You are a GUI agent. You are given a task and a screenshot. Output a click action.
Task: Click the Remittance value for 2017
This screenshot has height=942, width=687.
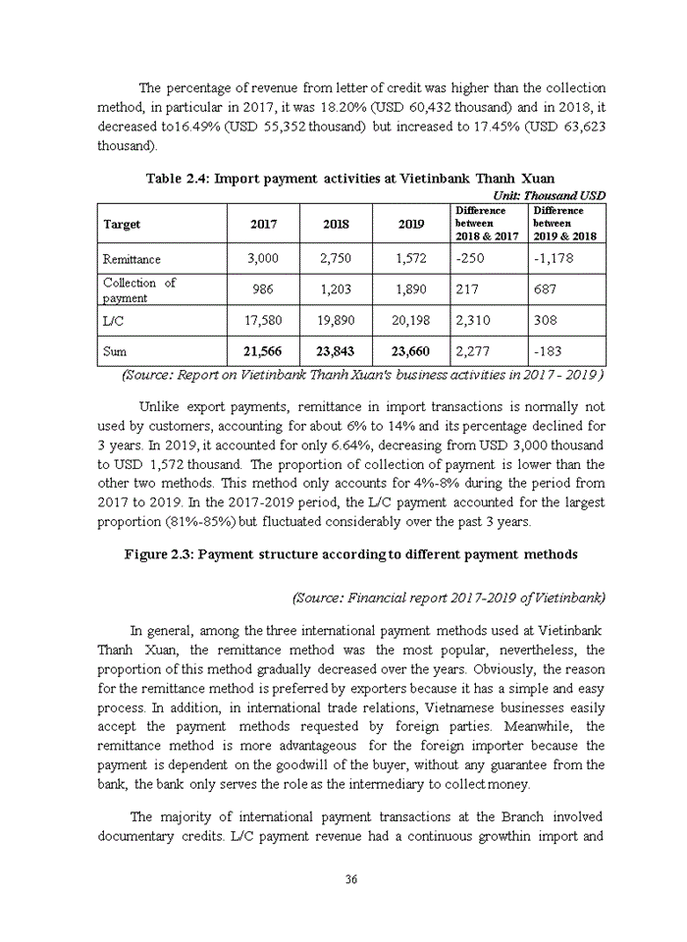[263, 259]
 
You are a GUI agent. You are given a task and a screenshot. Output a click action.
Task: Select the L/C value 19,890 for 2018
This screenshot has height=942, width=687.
[336, 320]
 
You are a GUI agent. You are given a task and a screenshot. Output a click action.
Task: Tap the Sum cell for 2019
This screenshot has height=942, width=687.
[411, 351]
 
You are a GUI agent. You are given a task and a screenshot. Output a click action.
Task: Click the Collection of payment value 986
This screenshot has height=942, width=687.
[263, 290]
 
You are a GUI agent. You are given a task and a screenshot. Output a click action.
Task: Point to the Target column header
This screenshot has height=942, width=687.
[122, 224]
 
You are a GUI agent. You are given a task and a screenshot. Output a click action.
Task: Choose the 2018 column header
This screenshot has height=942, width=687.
[336, 224]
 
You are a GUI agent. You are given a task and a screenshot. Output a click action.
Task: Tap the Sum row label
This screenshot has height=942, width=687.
[115, 351]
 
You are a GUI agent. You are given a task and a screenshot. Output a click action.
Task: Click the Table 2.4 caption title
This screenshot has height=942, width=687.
[350, 179]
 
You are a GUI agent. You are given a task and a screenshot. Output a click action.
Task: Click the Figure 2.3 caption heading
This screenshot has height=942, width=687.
[350, 554]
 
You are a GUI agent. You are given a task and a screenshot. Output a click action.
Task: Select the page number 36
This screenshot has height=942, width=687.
[350, 878]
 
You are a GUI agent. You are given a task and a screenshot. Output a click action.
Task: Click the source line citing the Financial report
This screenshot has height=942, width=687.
[449, 597]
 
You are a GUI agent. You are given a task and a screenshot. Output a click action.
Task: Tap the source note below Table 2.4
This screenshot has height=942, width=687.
[361, 375]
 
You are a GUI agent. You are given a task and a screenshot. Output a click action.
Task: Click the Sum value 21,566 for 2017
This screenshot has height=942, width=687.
[263, 351]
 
